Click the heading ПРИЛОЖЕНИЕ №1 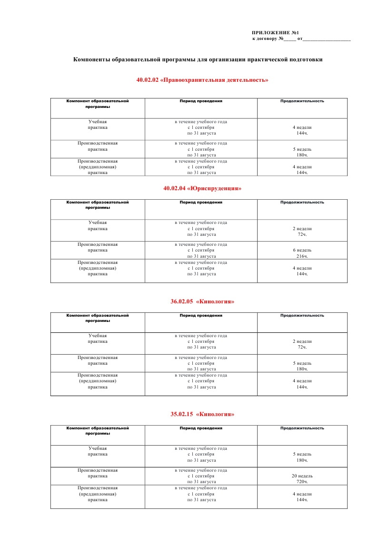tap(275, 32)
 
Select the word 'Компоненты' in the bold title tap(90, 60)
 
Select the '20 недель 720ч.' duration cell tap(302, 479)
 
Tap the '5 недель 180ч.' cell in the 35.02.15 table tap(302, 457)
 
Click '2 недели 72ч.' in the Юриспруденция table tap(302, 232)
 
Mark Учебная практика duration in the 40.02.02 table tap(302, 130)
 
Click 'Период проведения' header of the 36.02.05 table tap(201, 315)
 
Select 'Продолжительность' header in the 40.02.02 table tap(302, 101)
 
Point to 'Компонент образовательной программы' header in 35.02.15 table tap(98, 431)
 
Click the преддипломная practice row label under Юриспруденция tap(98, 268)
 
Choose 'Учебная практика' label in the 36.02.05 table tap(98, 339)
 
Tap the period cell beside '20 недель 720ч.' tap(201, 476)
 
